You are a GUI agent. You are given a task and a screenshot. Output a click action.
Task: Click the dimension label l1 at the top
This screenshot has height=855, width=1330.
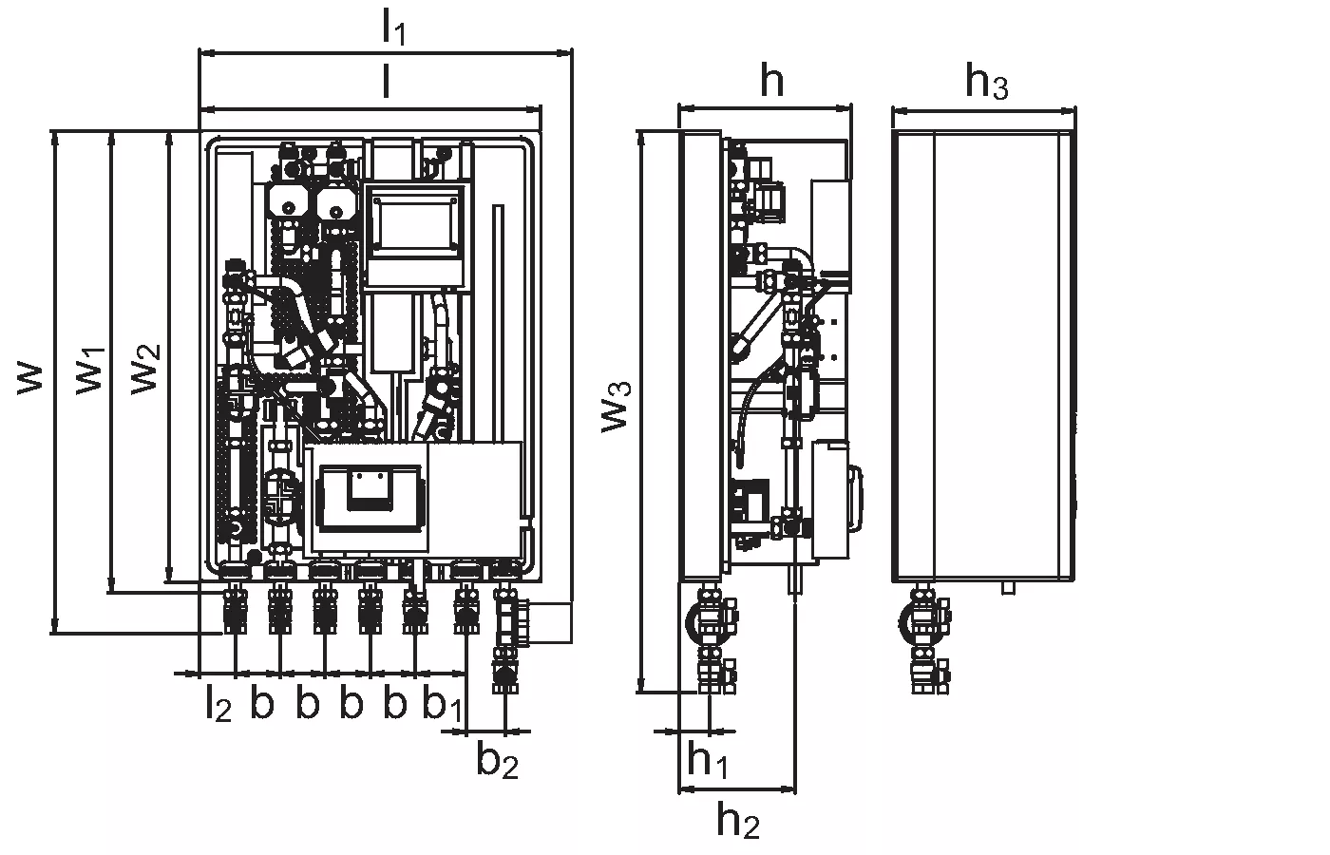(x=393, y=28)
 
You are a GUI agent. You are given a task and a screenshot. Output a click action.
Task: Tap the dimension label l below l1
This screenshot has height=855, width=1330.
(x=386, y=82)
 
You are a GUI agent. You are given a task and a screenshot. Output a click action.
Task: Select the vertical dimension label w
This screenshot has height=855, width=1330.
(x=29, y=380)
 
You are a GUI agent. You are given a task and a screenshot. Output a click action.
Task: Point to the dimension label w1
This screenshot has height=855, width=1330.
(x=90, y=371)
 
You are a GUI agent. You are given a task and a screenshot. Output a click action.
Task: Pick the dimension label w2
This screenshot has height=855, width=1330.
(x=145, y=369)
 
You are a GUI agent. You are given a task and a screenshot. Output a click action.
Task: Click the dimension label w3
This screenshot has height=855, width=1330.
(x=616, y=408)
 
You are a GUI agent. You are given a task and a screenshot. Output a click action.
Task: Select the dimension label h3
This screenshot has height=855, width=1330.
(x=986, y=81)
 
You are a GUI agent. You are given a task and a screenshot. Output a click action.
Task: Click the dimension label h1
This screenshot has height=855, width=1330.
(x=707, y=760)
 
